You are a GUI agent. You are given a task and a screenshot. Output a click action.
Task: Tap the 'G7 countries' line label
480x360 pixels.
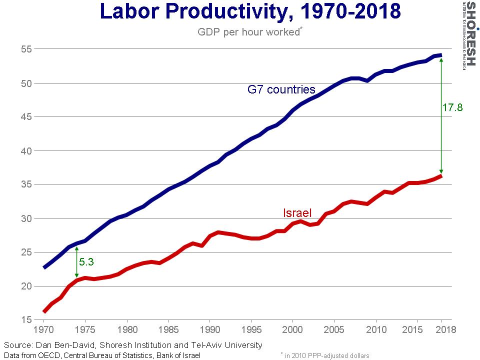click(x=281, y=89)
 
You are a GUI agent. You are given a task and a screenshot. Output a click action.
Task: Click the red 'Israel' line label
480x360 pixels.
click(x=297, y=213)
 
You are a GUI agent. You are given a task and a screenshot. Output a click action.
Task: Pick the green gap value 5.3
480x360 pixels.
click(x=86, y=261)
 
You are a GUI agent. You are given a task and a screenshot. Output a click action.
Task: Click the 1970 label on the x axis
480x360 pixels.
click(x=44, y=330)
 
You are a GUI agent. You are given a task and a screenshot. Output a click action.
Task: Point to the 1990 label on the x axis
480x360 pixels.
click(x=209, y=330)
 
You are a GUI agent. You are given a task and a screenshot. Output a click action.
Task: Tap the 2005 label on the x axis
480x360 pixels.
click(x=333, y=330)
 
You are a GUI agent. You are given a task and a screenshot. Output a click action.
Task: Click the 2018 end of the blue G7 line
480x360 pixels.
click(x=440, y=55)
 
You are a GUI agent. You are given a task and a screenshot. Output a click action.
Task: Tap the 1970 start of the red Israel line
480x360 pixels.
click(x=44, y=311)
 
